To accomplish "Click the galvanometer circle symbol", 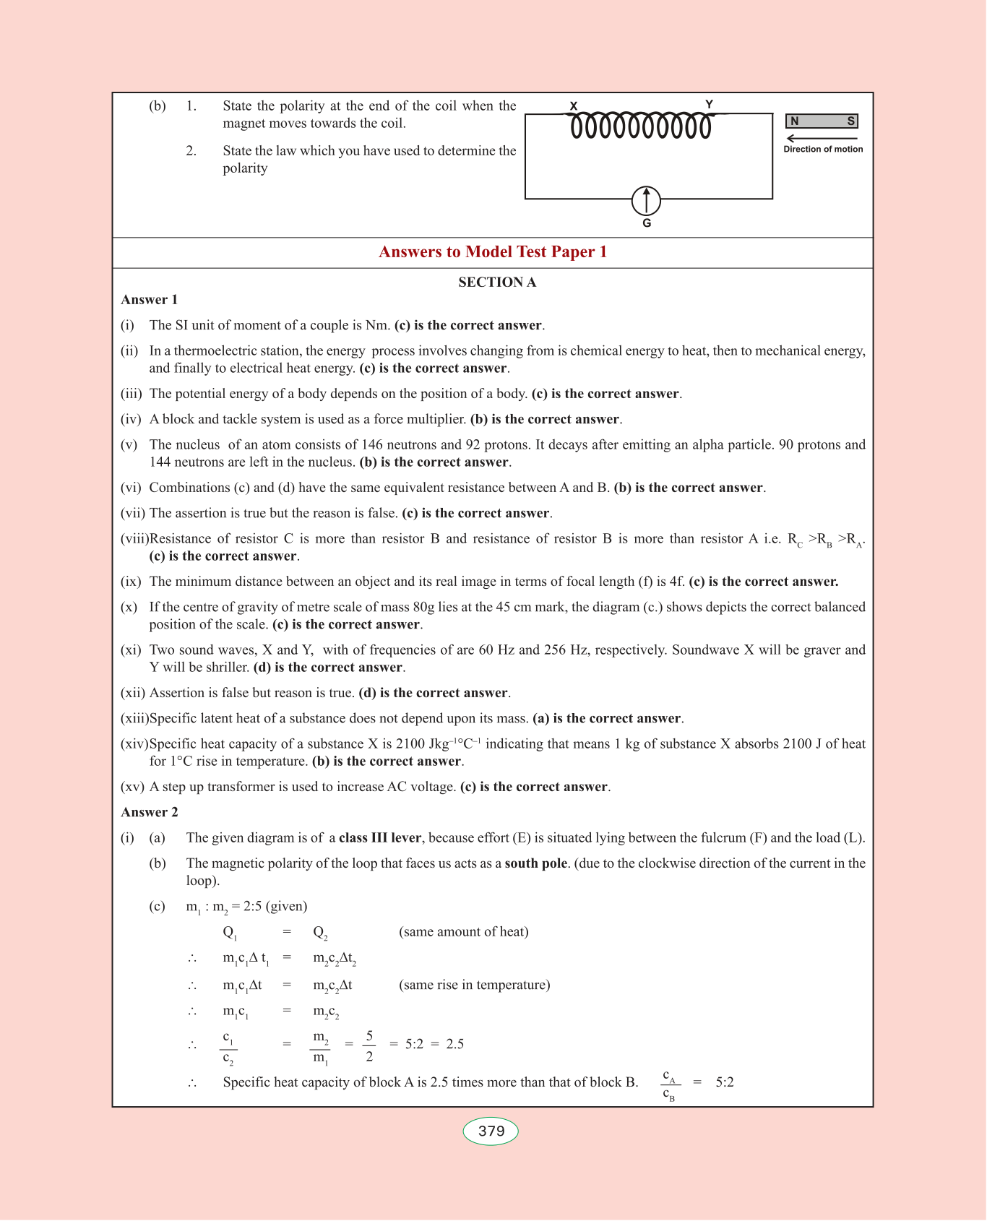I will [646, 201].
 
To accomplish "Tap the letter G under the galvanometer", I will [647, 223].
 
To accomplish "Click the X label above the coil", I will [574, 105].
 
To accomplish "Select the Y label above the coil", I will [709, 104].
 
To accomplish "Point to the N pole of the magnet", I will [795, 121].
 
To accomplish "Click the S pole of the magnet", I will [850, 121].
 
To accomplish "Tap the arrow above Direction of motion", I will [822, 138].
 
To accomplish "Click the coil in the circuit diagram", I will [641, 126].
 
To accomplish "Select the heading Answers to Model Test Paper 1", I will [493, 251].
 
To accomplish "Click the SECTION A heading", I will [497, 282].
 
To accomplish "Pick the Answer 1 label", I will [150, 300].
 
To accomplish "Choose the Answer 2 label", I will [150, 812].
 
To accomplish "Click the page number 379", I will [491, 1131].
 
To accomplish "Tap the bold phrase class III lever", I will [380, 838].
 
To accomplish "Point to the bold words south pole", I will [536, 863].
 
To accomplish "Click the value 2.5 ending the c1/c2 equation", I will [455, 1044].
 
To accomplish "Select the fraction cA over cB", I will [669, 1086].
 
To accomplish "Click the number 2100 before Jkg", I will [411, 744].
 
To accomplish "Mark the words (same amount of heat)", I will [463, 932].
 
